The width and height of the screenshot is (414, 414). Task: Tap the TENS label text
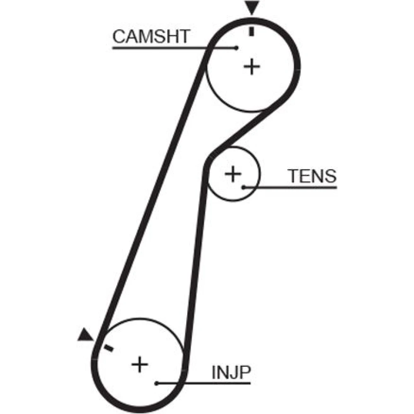pyautogui.click(x=312, y=176)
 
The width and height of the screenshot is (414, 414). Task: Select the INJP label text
pyautogui.click(x=231, y=372)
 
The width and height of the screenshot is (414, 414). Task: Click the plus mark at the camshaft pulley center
pyautogui.click(x=252, y=67)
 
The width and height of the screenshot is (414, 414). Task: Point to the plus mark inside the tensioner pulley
pyautogui.click(x=233, y=174)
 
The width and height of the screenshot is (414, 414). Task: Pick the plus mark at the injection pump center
pyautogui.click(x=140, y=364)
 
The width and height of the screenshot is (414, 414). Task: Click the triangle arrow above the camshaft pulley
pyautogui.click(x=252, y=7)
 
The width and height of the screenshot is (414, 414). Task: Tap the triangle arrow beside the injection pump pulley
pyautogui.click(x=85, y=335)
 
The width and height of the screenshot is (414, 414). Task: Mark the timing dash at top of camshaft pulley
pyautogui.click(x=252, y=31)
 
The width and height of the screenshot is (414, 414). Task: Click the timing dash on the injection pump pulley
pyautogui.click(x=108, y=348)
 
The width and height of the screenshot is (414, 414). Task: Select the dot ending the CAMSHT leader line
pyautogui.click(x=236, y=48)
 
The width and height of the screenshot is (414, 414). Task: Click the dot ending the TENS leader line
pyautogui.click(x=244, y=187)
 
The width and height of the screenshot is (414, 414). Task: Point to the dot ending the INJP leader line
pyautogui.click(x=156, y=383)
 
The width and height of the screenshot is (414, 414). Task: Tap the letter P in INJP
pyautogui.click(x=245, y=372)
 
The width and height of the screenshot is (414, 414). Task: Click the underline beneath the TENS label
pyautogui.click(x=291, y=188)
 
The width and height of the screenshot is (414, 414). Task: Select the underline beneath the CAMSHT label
pyautogui.click(x=175, y=48)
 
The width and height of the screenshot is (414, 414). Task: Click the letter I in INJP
pyautogui.click(x=214, y=372)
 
